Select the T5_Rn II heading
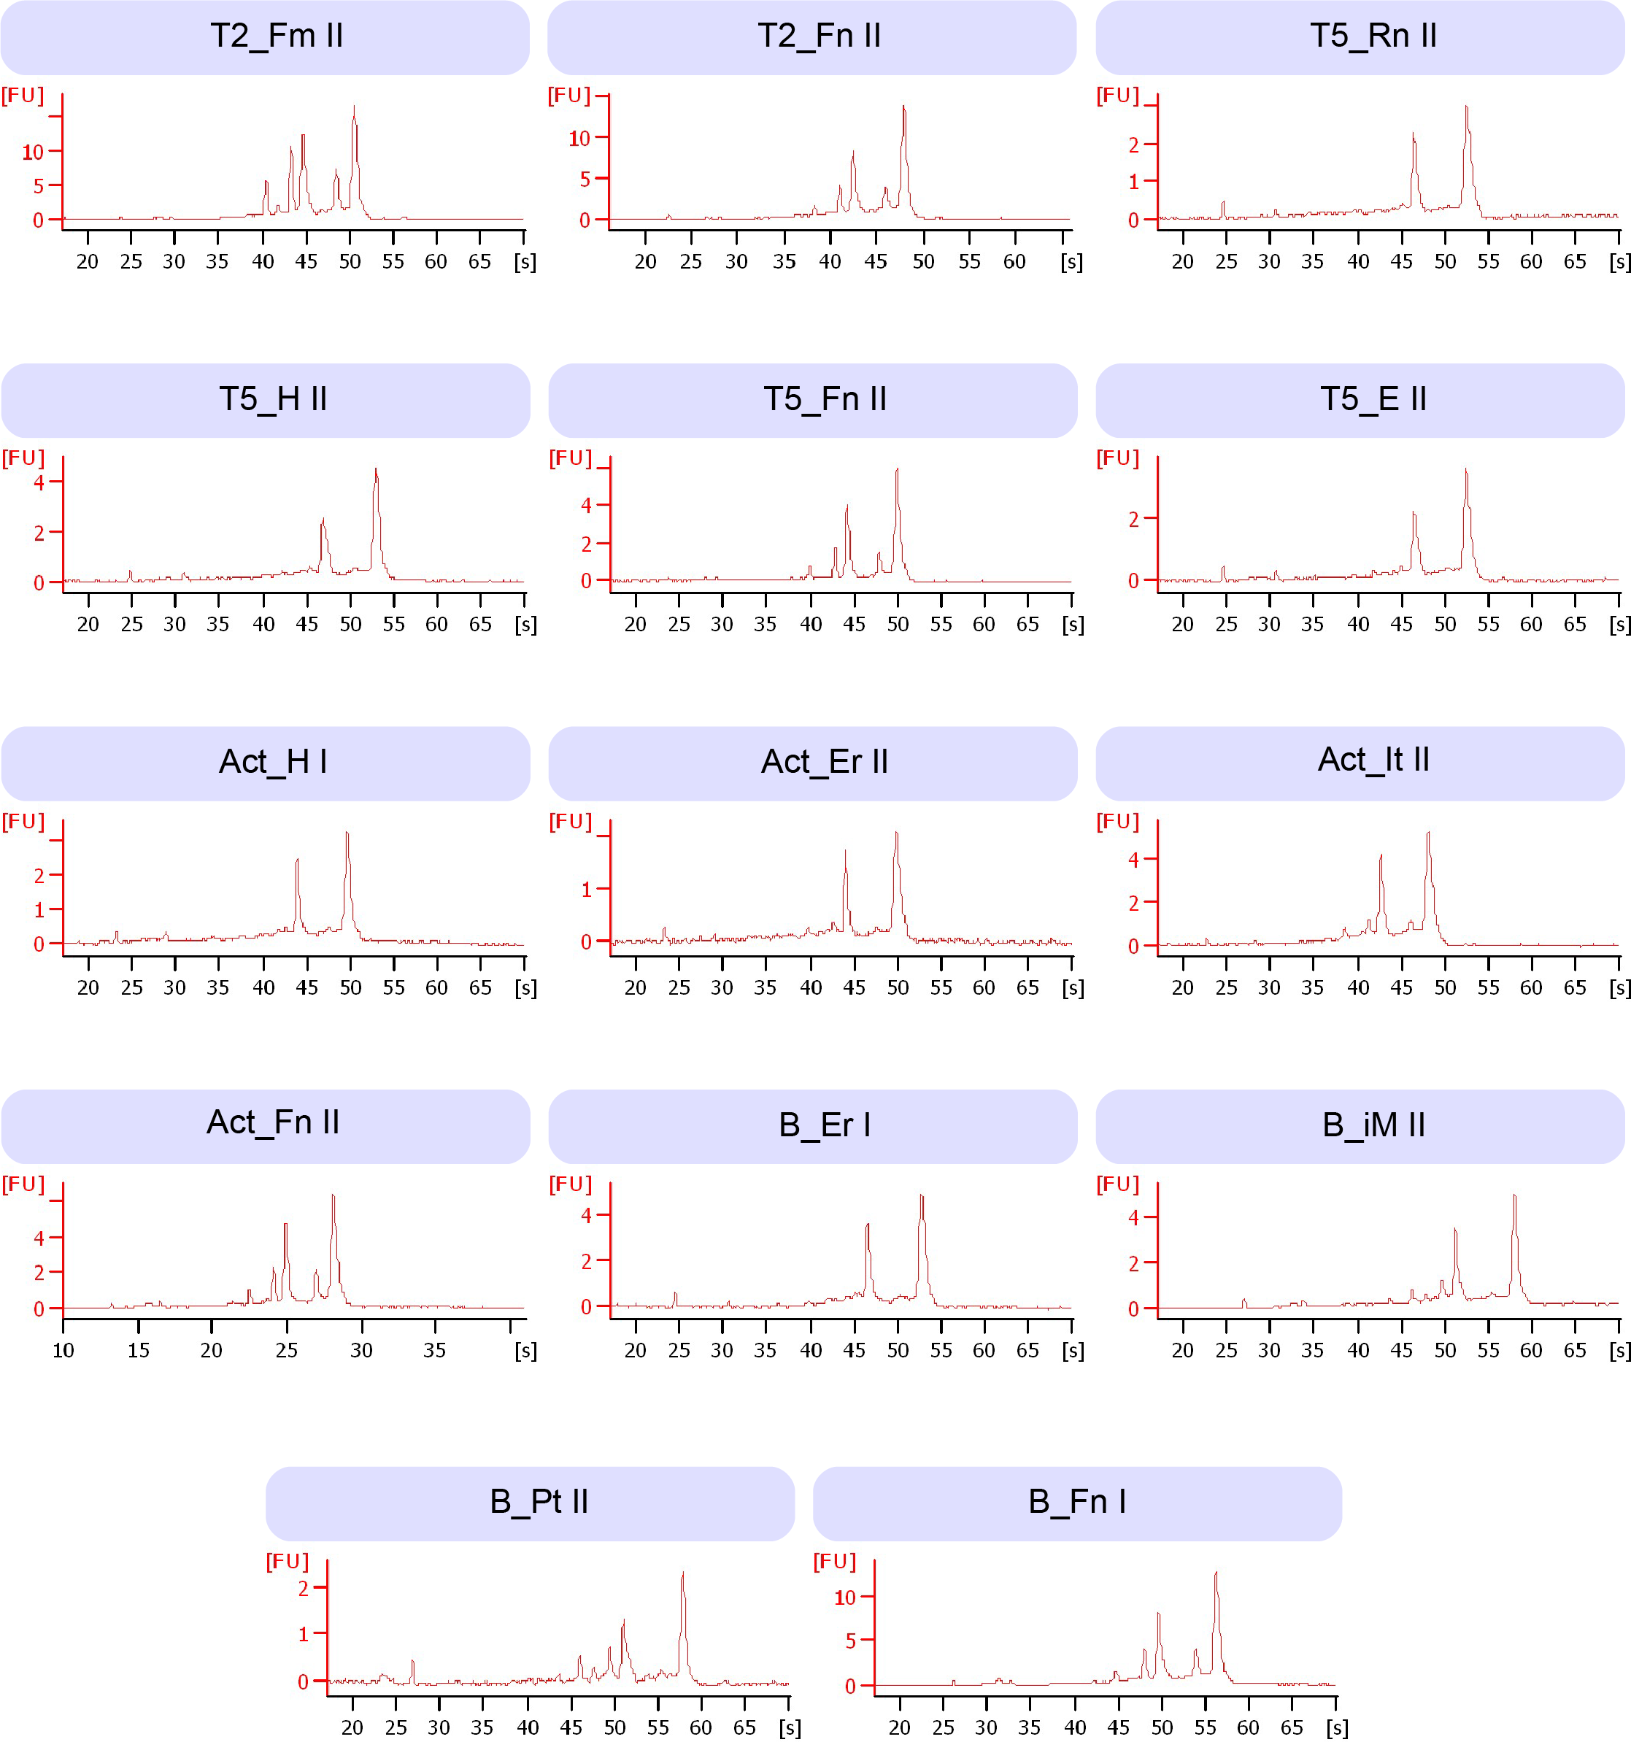[1373, 36]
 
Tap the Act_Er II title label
[824, 761]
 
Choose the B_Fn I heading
[1076, 1501]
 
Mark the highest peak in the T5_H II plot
[376, 471]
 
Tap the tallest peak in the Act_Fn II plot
[333, 1196]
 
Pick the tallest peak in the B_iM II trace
[1514, 1196]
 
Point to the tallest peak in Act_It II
[1429, 833]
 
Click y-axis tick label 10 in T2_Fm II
[32, 153]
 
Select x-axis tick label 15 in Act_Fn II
[139, 1350]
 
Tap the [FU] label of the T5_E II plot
[1117, 458]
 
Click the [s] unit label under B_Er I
[1073, 1350]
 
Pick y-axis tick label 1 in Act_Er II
[586, 890]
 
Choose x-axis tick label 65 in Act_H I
[480, 987]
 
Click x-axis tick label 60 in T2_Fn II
[1014, 262]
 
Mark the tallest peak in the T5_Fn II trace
[897, 471]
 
